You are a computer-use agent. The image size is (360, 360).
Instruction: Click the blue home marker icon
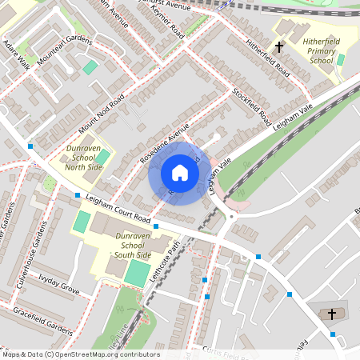tap(179, 173)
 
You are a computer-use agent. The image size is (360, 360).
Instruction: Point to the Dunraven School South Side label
tap(133, 245)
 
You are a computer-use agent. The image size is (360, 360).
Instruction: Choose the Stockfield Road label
tap(251, 106)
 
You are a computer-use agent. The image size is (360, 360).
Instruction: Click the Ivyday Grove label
tap(59, 286)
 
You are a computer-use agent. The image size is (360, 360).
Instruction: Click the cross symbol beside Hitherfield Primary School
tap(279, 48)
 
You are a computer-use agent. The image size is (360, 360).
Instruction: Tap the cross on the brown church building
tap(332, 314)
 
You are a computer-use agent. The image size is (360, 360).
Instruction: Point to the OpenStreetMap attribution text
tap(81, 354)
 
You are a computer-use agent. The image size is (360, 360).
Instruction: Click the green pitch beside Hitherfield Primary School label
tap(341, 59)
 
